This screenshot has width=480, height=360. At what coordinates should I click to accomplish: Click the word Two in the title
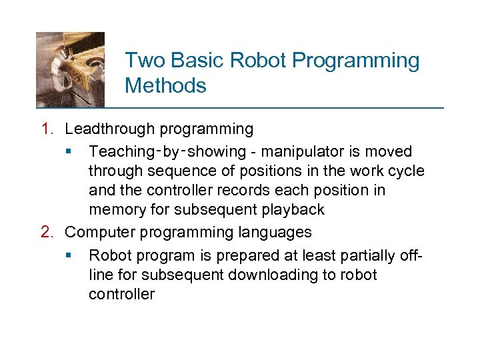coord(145,61)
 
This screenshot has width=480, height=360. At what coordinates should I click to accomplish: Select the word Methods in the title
coord(165,86)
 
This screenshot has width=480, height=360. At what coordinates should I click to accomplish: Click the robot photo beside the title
coord(70,69)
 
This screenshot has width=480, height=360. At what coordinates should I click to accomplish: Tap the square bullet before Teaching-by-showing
coord(70,152)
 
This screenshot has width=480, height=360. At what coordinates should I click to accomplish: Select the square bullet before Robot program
coord(70,256)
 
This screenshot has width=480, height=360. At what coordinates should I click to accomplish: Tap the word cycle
coord(405,171)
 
